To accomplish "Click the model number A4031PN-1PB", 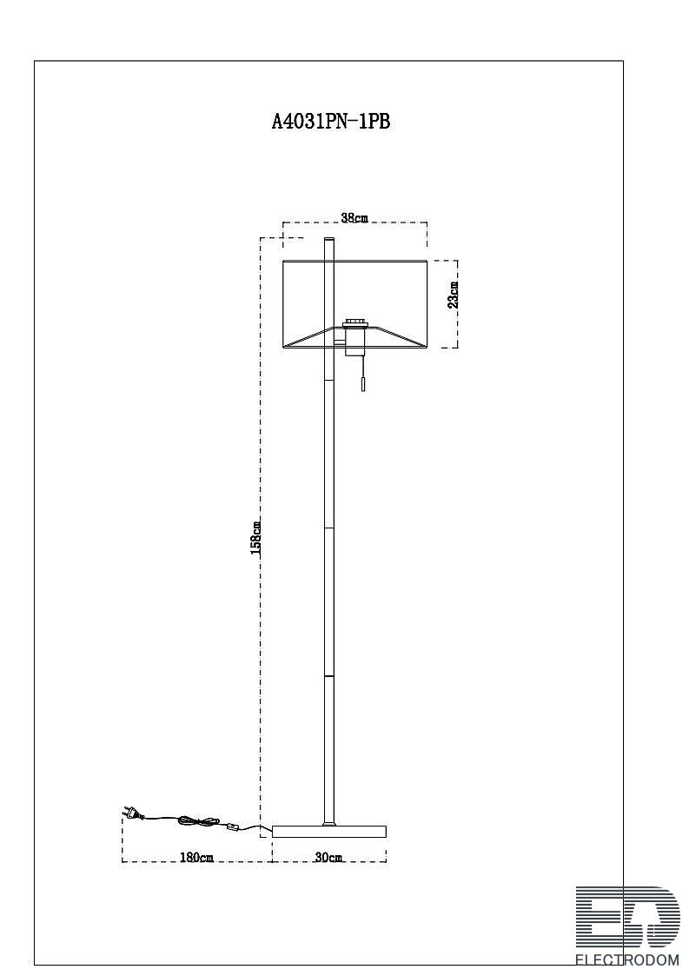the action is coord(330,121).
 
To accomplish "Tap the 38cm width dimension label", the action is coord(354,218).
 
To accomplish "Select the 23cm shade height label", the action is coord(454,295).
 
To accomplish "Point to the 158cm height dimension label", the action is coord(255,539).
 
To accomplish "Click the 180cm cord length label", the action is coord(196,857).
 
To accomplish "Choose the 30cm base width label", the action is coord(328,857).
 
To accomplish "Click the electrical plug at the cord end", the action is coord(133,813).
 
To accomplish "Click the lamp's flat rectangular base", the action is coord(330,831).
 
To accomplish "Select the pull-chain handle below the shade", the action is coord(363,383).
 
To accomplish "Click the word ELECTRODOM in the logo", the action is coord(626,959).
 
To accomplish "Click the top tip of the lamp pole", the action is coord(328,238).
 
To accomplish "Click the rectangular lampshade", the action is coord(354,304).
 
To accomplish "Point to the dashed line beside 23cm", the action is coord(458,304).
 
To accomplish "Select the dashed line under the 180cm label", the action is coord(197,862).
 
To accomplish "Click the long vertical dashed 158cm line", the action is coord(260,538).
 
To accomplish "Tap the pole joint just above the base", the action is coord(328,822).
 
